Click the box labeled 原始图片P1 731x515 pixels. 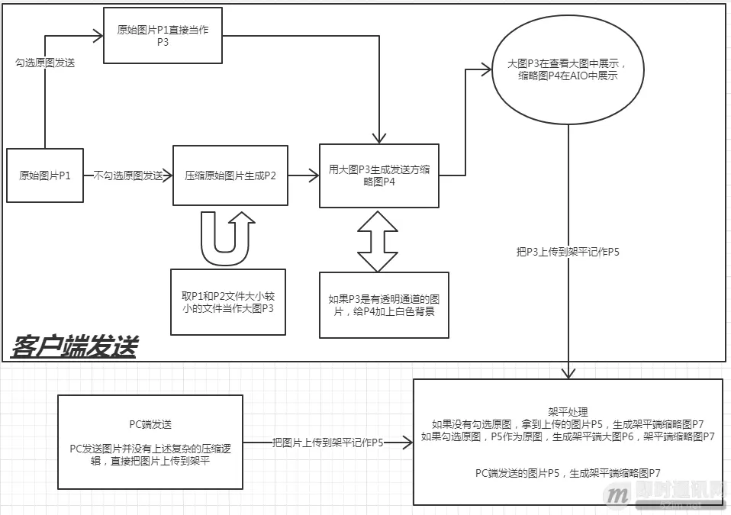point(45,175)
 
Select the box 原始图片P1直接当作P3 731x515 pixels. point(163,35)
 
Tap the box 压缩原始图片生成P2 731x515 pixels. point(230,175)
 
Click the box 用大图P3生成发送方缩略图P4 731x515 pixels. point(379,175)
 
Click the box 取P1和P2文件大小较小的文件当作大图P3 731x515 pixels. point(227,301)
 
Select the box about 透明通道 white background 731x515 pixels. point(383,304)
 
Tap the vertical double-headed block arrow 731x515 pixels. point(378,241)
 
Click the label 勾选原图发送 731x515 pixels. point(45,63)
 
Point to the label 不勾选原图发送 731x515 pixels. point(128,175)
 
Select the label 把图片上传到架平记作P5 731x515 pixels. point(328,442)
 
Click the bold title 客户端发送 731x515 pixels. point(74,347)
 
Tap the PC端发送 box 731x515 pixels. point(150,442)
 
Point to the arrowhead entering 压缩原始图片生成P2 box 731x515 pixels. point(169,175)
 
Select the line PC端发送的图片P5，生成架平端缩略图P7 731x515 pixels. point(567,473)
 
